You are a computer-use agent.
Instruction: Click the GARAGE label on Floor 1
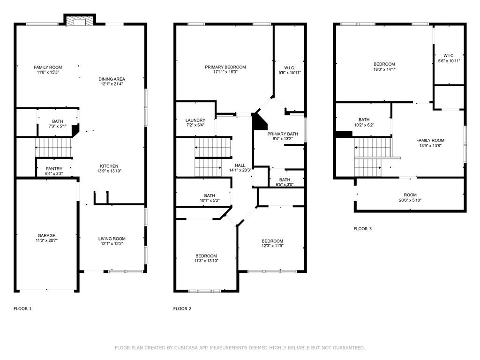coord(46,235)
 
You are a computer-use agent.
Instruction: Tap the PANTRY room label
coord(54,169)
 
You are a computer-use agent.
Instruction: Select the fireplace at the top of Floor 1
coord(79,21)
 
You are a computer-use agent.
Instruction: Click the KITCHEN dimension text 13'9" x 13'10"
coord(108,172)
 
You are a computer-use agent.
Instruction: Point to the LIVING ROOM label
coord(112,239)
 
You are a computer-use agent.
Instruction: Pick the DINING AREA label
coord(112,79)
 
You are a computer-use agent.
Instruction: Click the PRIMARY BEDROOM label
coord(225,67)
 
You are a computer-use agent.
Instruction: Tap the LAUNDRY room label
coord(195,120)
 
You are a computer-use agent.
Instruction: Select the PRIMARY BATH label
coord(283,134)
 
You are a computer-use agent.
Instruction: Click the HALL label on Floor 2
coord(240,165)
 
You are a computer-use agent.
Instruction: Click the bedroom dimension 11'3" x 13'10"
coord(206,261)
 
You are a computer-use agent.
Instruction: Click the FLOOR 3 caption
coord(362,229)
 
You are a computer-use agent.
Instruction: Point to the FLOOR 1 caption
coord(22,308)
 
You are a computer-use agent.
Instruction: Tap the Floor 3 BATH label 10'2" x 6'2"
coord(364,120)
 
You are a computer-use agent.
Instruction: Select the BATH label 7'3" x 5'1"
coord(57,121)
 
